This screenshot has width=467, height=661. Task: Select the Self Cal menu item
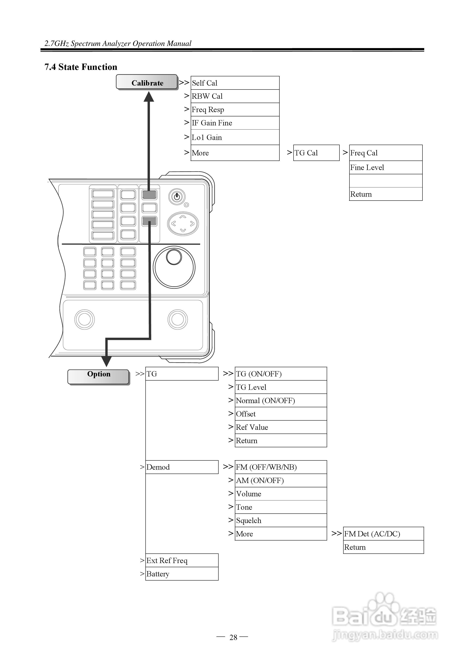coord(235,83)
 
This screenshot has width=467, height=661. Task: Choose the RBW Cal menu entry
coord(235,96)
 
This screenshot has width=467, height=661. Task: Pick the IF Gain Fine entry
coord(235,123)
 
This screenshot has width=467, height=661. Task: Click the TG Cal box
coord(316,153)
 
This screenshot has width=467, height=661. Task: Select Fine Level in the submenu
coord(386,168)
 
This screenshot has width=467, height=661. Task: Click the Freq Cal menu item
coord(386,153)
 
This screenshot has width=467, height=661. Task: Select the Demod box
coord(182,467)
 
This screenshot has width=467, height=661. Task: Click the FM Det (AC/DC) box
coord(383,534)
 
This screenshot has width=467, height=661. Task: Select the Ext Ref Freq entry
coord(182,560)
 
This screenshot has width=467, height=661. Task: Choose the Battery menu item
coord(182,574)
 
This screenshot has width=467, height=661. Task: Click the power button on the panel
coord(177,197)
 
